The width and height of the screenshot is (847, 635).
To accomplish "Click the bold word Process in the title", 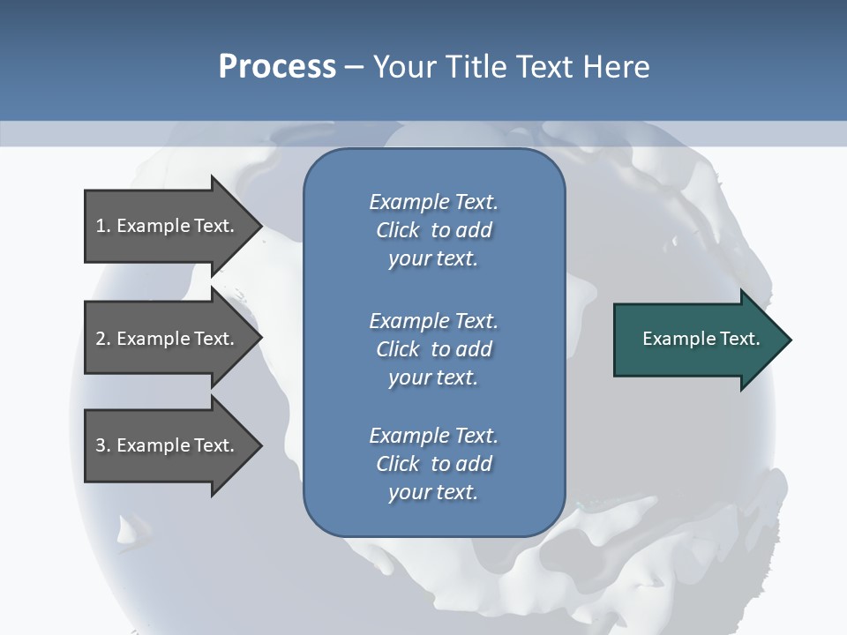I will point(277,67).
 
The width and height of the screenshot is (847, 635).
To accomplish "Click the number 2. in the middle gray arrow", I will point(103,339).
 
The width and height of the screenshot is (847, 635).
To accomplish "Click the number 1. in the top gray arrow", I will point(103,226).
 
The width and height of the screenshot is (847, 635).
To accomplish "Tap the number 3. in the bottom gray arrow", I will point(103,445).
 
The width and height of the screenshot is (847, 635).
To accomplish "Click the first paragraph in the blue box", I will point(433,230).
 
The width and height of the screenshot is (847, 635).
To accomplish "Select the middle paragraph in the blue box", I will point(433,348).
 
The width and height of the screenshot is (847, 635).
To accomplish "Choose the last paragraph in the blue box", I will point(433,464).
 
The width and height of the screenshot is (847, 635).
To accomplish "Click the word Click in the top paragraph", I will point(397,230).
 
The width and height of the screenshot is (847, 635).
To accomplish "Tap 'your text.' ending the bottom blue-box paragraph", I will point(433,492).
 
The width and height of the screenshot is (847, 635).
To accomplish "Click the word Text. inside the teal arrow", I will point(738,339).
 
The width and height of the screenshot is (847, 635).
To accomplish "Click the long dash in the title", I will point(354,68).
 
